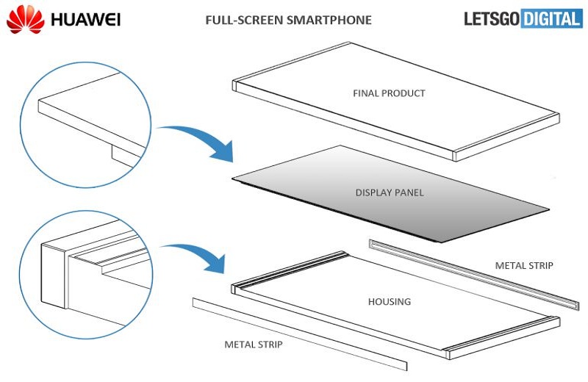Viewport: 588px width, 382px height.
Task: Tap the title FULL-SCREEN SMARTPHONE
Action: tap(288, 21)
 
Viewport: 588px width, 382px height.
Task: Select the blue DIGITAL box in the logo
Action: tap(551, 20)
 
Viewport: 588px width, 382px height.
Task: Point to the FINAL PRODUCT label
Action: tap(389, 93)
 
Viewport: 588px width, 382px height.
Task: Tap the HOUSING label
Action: tap(389, 302)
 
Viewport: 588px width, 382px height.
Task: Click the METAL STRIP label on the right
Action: tap(523, 265)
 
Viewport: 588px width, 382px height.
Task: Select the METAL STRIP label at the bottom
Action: tap(253, 343)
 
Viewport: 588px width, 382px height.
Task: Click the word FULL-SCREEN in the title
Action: tap(236, 21)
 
